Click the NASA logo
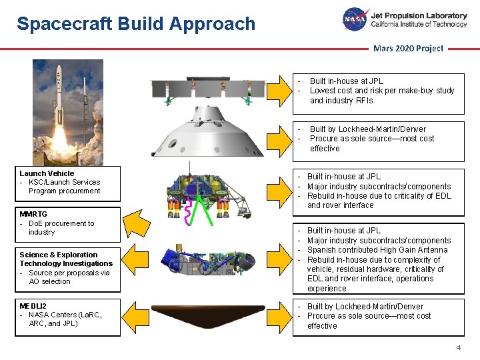tap(355, 19)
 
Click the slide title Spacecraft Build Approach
tap(136, 25)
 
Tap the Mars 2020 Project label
tap(408, 48)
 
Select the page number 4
tap(458, 348)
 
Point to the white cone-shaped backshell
tap(207, 133)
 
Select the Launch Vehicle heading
tap(47, 173)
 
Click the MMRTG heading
tap(33, 214)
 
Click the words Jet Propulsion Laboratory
tap(419, 15)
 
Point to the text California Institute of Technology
tap(419, 25)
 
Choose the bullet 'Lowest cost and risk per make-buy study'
tap(382, 91)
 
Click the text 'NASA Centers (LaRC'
tap(65, 315)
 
